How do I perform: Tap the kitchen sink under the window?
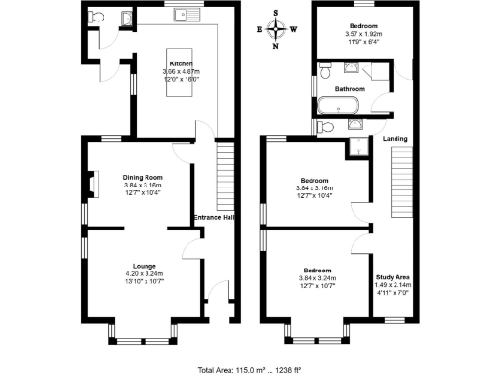[x=182, y=16]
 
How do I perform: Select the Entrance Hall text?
[x=214, y=217]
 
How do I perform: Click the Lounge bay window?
[x=141, y=340]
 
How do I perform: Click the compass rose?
[x=276, y=29]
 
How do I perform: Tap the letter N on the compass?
[x=276, y=46]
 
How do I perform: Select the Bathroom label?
[x=350, y=88]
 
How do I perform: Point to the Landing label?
[x=396, y=139]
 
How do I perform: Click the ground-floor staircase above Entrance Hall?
[x=224, y=171]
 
